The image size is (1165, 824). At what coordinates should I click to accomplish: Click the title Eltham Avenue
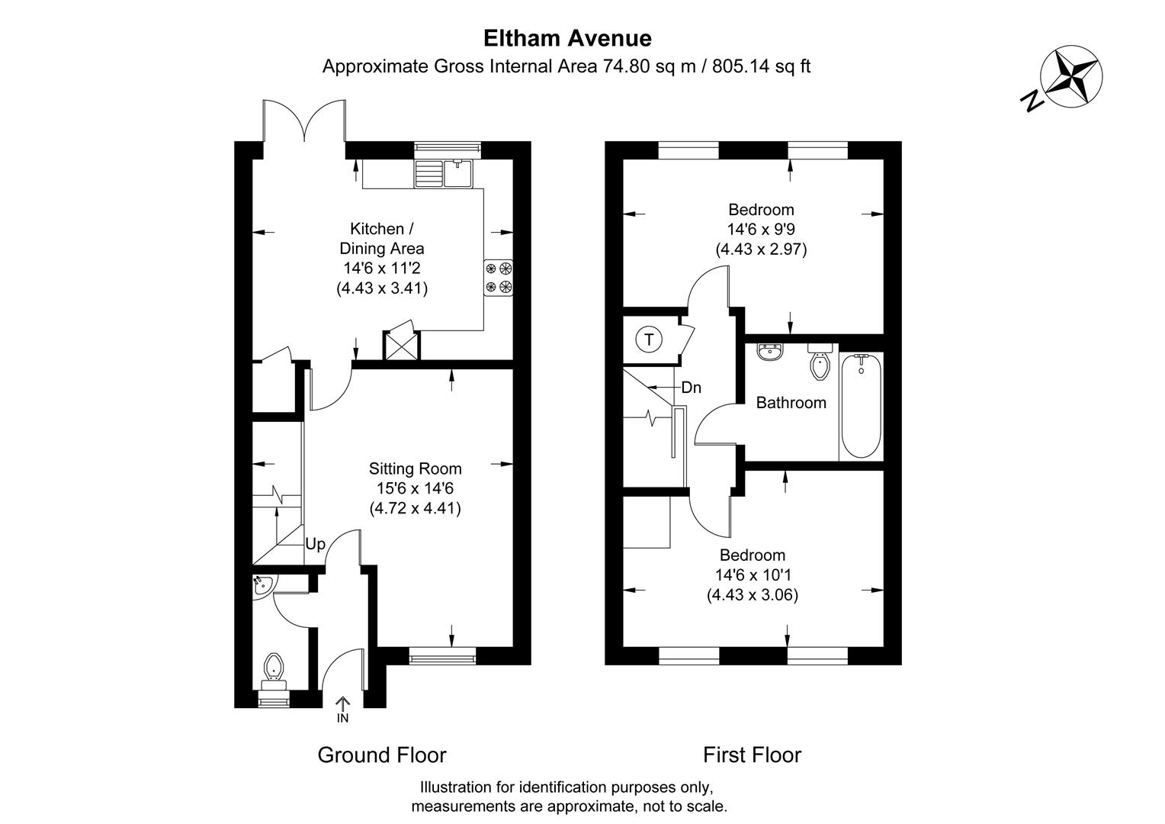point(567,38)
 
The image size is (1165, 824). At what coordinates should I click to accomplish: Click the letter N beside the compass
point(1033,101)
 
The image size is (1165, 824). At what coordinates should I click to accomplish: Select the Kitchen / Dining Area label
point(381,238)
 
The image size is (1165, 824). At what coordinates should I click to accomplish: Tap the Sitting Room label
point(415,468)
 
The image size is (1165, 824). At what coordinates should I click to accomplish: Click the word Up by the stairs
point(315,544)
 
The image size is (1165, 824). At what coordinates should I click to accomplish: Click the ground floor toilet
point(273,668)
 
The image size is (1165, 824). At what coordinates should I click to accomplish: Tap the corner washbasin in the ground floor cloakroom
point(262,585)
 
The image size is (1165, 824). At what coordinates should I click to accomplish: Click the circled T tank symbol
point(649,340)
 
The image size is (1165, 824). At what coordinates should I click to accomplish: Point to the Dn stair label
point(691,388)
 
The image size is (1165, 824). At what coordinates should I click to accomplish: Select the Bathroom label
point(791,403)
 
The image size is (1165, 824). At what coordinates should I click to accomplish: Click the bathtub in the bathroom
point(862,405)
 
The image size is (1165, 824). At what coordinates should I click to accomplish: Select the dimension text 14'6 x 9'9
point(760,229)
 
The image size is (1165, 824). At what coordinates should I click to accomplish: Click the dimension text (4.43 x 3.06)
point(753,595)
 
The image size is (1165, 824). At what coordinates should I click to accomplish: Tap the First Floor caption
point(752,755)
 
